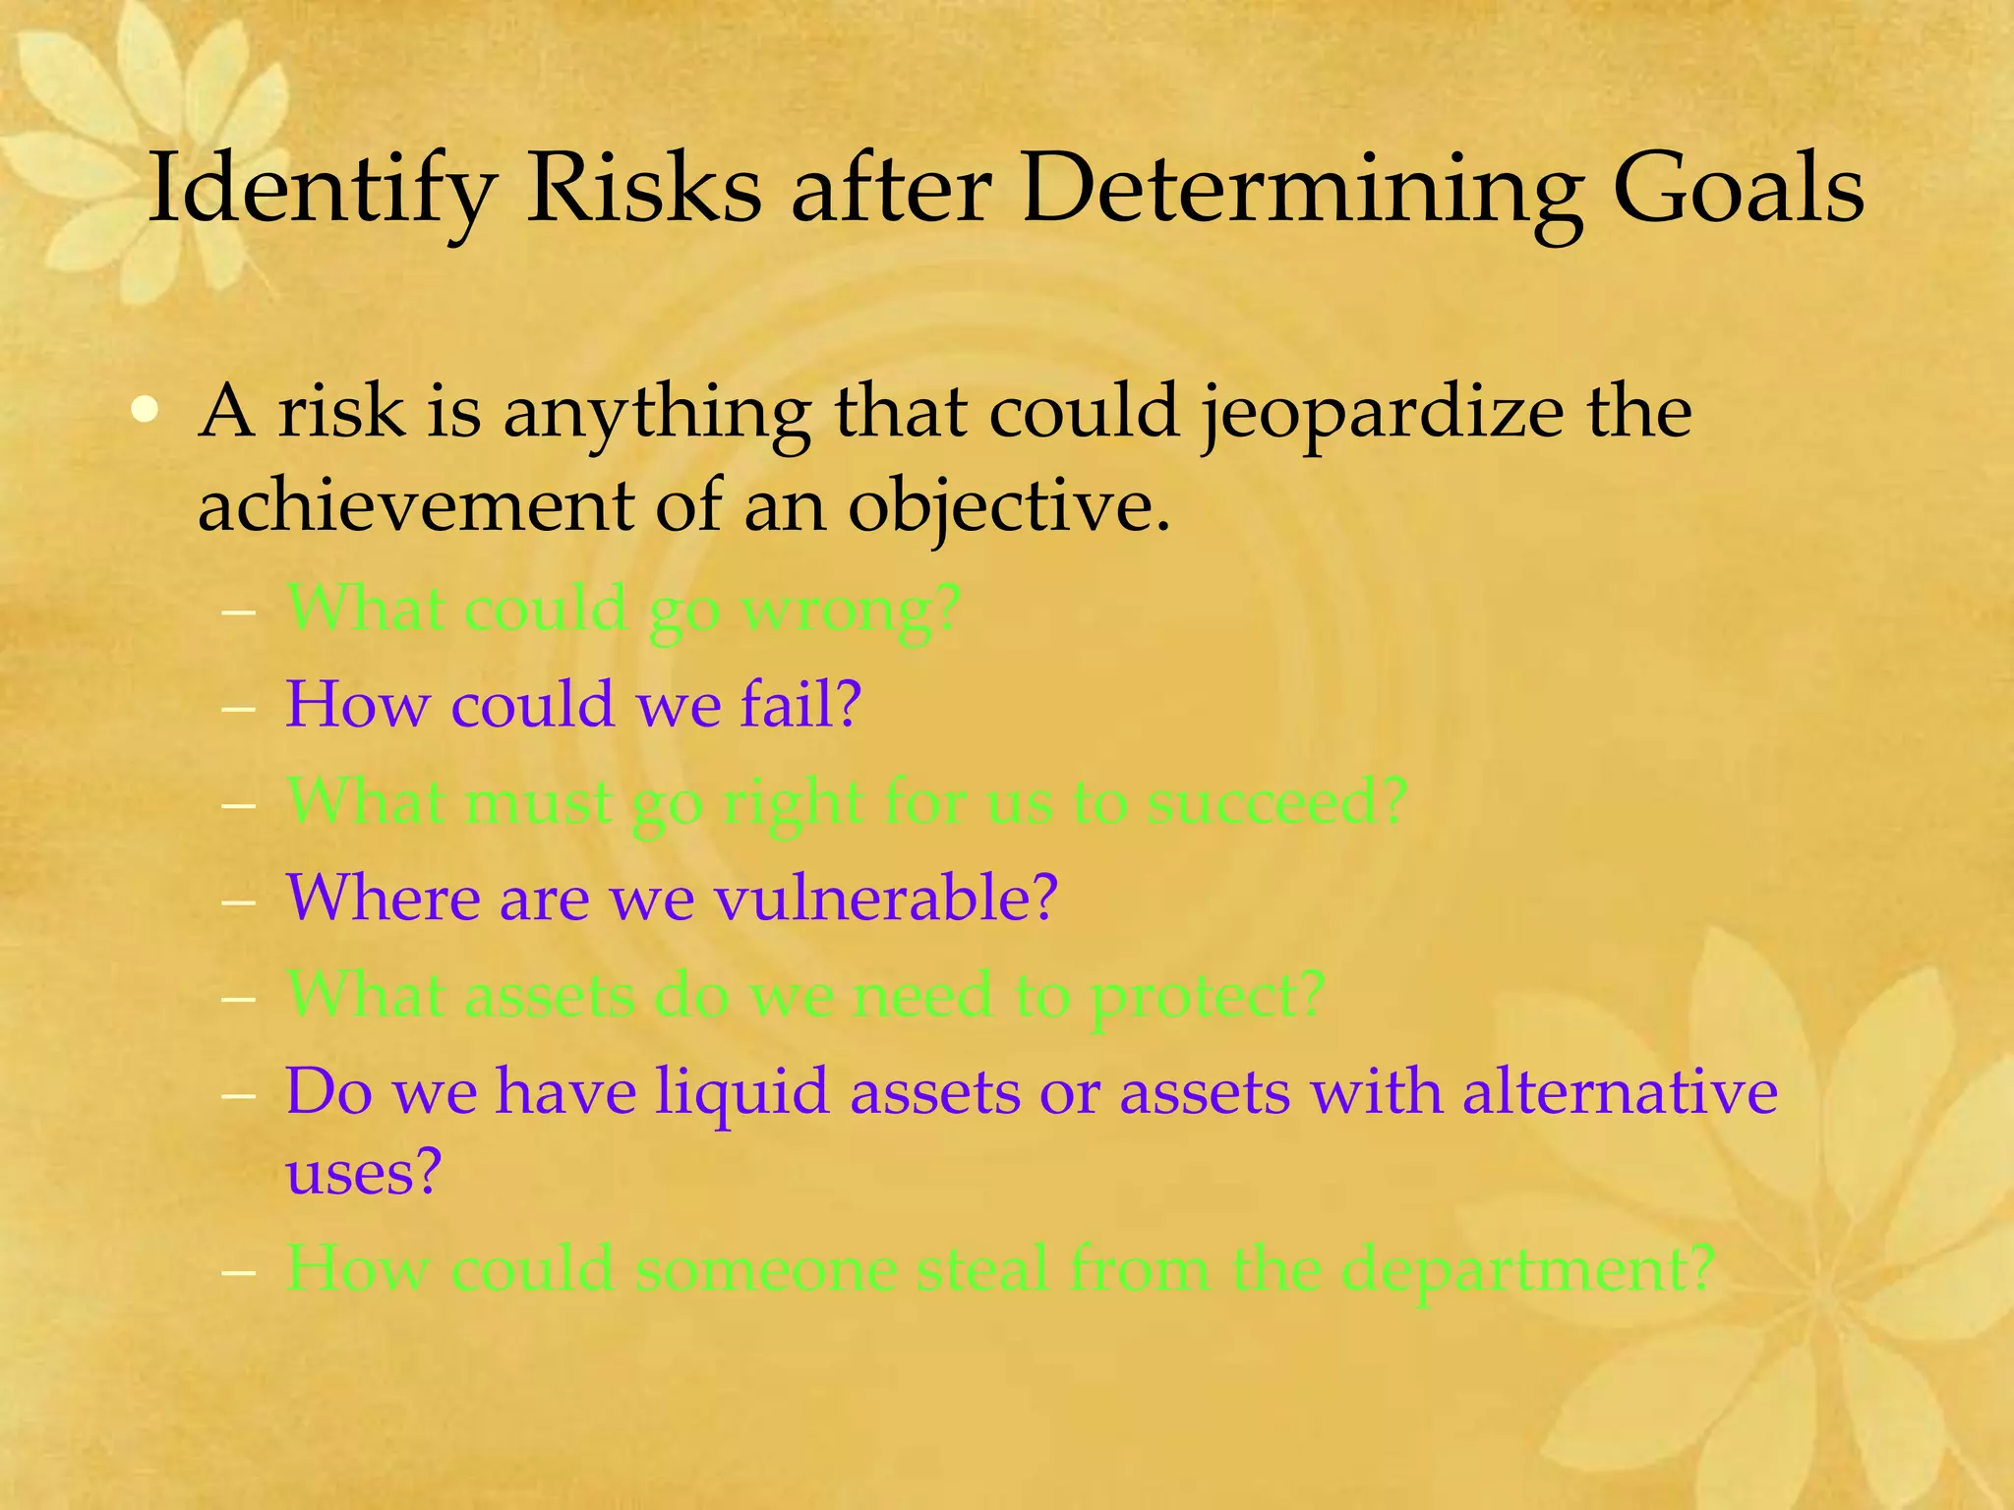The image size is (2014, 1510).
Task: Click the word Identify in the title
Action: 320,189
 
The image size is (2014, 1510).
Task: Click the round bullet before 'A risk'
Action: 146,410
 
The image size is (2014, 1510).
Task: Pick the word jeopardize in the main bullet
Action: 1382,413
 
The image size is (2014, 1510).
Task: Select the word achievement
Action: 416,506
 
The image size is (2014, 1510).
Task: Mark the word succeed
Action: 1276,802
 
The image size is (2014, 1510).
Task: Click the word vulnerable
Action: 884,898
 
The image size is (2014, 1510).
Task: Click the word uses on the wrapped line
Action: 363,1173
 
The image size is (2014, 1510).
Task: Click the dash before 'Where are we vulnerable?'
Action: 239,900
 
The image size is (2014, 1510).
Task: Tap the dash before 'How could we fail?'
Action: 239,707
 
